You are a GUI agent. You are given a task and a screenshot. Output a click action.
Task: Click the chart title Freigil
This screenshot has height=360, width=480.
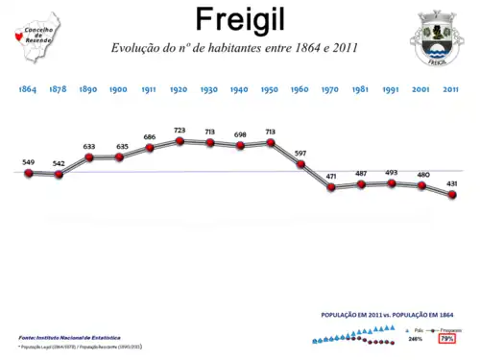239,18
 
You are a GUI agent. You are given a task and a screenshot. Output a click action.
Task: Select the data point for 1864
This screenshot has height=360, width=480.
29,173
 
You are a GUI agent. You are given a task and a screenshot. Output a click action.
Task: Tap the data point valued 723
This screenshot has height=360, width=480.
180,141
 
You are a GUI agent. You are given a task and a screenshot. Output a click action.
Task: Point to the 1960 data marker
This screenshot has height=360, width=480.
300,164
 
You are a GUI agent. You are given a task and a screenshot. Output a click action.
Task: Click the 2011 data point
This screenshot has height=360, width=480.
452,194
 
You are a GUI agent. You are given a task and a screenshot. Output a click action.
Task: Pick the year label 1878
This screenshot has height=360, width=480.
59,88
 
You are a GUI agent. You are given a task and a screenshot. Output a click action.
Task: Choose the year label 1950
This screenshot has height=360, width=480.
270,88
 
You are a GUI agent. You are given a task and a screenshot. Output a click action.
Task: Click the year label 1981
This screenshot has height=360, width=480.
360,88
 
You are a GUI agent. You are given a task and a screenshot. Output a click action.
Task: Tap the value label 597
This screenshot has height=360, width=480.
300,154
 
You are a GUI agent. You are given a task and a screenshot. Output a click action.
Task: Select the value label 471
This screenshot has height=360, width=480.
331,177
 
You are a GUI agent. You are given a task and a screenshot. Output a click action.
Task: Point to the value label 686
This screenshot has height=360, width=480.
149,137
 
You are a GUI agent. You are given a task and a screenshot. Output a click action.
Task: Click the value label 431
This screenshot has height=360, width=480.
452,183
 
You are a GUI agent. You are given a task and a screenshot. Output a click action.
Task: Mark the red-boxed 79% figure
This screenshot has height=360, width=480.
446,339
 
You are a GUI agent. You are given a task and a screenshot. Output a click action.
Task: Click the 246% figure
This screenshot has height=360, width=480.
415,339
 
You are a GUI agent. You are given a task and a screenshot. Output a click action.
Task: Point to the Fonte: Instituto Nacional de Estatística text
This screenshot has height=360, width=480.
69,338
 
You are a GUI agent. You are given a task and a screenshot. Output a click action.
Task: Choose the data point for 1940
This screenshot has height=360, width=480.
240,145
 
